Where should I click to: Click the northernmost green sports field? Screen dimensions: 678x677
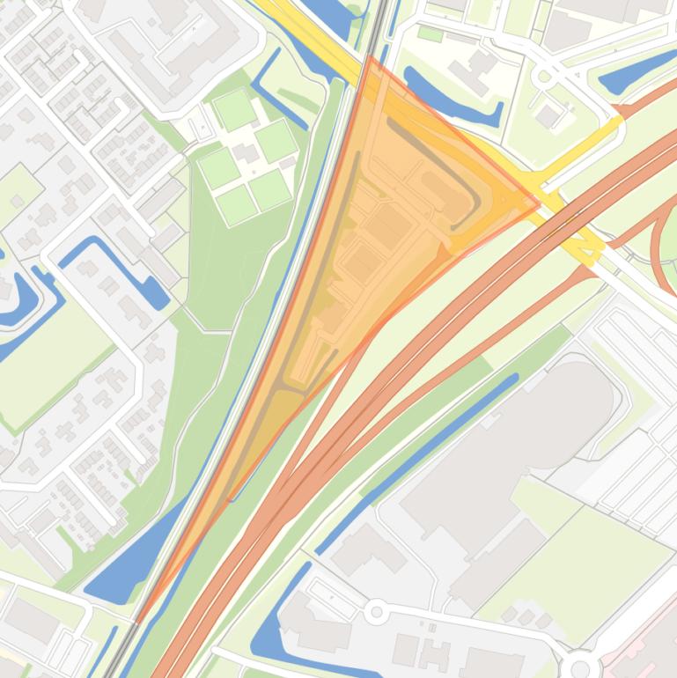[x=235, y=110]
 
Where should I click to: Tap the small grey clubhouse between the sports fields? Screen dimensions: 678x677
[x=247, y=154]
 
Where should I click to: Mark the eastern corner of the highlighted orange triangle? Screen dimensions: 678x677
[x=539, y=205]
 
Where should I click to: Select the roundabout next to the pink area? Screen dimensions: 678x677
[x=579, y=665]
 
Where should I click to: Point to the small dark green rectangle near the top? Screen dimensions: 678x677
[x=430, y=33]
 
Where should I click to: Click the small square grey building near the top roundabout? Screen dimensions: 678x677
[x=548, y=115]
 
